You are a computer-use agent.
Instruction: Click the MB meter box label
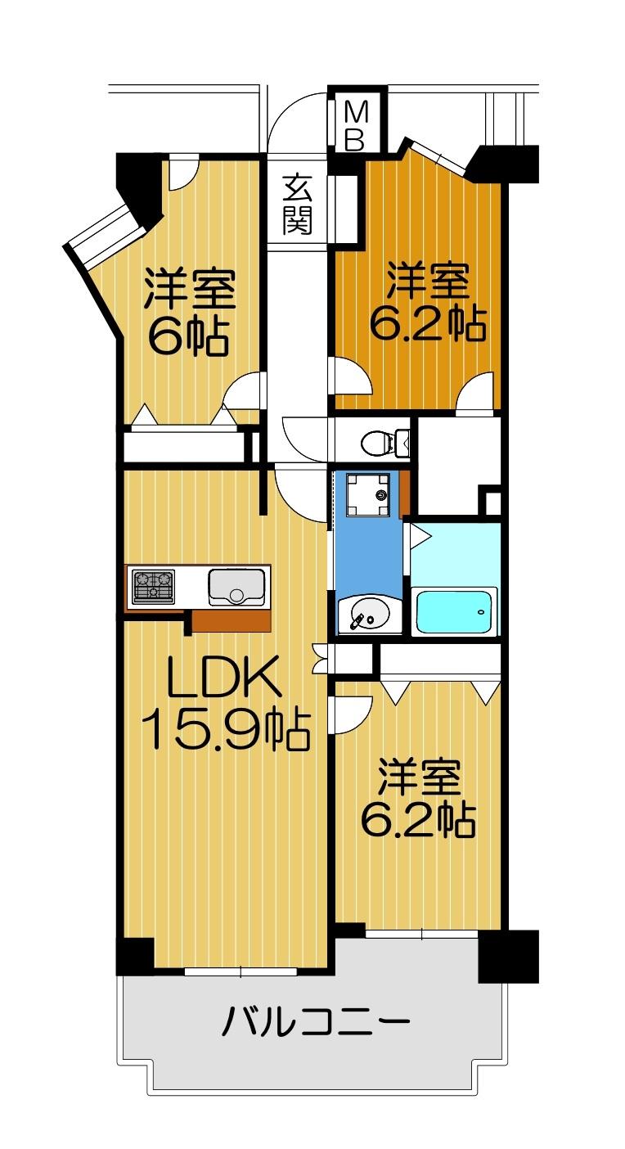(x=353, y=126)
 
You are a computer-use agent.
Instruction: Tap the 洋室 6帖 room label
(x=189, y=312)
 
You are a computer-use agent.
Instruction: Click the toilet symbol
(x=384, y=442)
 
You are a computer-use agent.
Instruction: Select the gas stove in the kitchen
(x=153, y=586)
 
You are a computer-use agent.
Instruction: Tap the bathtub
(x=454, y=611)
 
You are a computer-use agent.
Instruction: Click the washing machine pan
(x=367, y=494)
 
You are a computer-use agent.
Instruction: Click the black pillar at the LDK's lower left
(x=135, y=957)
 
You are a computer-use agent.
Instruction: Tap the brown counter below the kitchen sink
(x=232, y=621)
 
